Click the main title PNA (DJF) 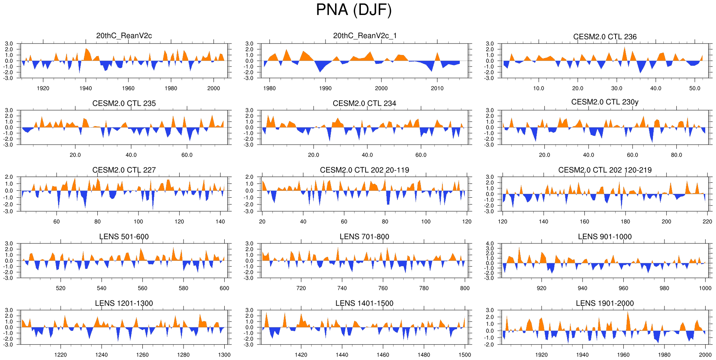pos(354,10)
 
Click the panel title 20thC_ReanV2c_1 pos(364,36)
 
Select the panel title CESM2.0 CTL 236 pos(605,37)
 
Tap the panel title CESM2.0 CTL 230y pos(605,102)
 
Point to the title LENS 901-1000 pos(605,237)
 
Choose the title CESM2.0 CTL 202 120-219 pos(605,170)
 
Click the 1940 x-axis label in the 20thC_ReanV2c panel pos(86,88)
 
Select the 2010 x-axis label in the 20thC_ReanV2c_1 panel pos(437,88)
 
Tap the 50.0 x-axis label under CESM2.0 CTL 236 pos(695,88)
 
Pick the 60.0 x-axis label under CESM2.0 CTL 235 pos(187,155)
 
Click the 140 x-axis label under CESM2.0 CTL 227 pos(220,222)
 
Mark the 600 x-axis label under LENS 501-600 pos(224,288)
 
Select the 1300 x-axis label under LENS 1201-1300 pos(224,355)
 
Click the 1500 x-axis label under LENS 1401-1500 pos(465,355)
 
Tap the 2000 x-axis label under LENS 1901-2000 pos(705,355)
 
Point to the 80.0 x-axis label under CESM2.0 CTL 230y pos(676,155)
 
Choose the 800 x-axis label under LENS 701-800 pos(465,288)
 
